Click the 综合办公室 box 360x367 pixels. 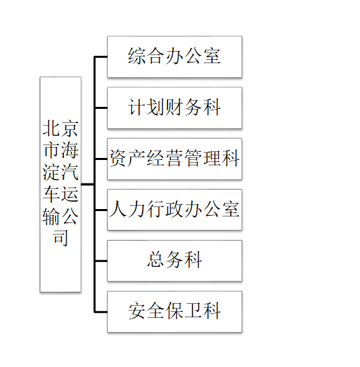tap(174, 56)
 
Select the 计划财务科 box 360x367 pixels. tap(174, 108)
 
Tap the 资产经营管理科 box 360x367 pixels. tap(174, 159)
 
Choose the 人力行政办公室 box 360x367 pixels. tap(174, 210)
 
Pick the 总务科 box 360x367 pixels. tap(174, 261)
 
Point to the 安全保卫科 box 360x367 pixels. tap(174, 312)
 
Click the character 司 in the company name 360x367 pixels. tap(61, 238)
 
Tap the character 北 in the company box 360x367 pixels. tap(51, 128)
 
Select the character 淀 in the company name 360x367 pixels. tap(51, 172)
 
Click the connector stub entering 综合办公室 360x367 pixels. tap(101, 56)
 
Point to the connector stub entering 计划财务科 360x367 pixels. tap(101, 108)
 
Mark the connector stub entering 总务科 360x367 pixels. tap(101, 261)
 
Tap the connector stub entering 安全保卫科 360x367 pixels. tap(101, 312)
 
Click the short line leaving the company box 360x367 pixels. tap(87, 184)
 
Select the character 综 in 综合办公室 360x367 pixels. tap(137, 56)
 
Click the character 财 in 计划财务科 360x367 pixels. tap(174, 108)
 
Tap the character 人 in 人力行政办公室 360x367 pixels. tap(118, 209)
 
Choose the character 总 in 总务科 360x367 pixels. tap(156, 260)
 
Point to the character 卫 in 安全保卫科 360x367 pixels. tap(193, 311)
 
